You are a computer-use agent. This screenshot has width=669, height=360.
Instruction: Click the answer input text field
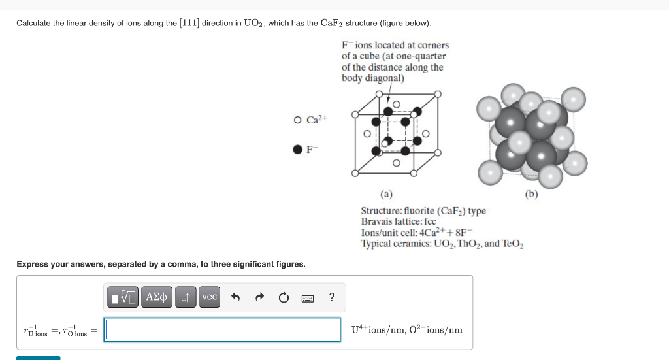(x=222, y=330)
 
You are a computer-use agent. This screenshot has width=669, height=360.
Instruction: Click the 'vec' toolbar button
(x=209, y=297)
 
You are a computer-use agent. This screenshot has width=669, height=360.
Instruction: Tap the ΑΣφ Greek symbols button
(x=157, y=297)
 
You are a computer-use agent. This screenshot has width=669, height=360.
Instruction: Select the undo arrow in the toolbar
(x=236, y=298)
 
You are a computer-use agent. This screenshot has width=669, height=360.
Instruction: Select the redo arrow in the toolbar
(x=259, y=298)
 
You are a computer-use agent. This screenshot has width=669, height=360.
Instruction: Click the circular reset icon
(x=284, y=298)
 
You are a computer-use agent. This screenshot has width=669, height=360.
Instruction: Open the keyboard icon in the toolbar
(x=308, y=298)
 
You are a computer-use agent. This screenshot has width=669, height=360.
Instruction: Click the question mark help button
(x=332, y=298)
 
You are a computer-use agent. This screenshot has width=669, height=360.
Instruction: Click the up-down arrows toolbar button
(x=185, y=297)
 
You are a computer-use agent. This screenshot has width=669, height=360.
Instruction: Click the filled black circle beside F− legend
(x=298, y=149)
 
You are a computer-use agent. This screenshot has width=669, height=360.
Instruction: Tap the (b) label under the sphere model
(x=531, y=193)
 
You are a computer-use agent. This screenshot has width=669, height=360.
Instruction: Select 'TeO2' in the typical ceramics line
(x=513, y=244)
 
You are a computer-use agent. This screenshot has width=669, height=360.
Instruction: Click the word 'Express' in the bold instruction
(x=33, y=264)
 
